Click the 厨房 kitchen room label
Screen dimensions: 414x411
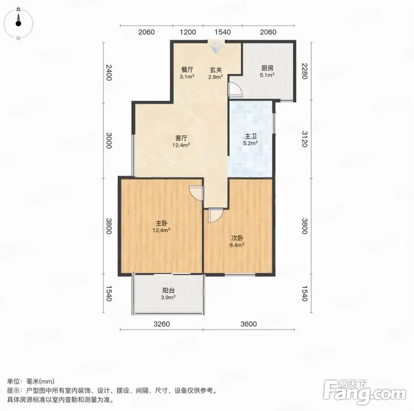pos(267,68)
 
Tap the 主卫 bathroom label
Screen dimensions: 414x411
pos(251,136)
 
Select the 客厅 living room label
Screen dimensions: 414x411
pos(182,138)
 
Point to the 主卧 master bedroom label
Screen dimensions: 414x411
pos(161,223)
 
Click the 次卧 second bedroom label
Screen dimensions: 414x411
pos(237,238)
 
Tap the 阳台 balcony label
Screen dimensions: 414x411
pos(168,290)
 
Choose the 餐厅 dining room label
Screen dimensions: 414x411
pos(187,69)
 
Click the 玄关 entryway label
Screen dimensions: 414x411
pos(216,70)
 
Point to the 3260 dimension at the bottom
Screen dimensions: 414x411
pos(161,324)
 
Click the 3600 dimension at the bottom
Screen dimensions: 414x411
pos(248,324)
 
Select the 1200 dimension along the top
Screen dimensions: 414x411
pos(188,32)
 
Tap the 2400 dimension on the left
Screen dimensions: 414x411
pos(109,72)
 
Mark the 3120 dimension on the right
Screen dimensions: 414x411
pos(304,139)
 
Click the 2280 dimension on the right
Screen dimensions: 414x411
pos(304,71)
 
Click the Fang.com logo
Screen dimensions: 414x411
pos(365,392)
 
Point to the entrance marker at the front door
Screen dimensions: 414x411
pos(216,47)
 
